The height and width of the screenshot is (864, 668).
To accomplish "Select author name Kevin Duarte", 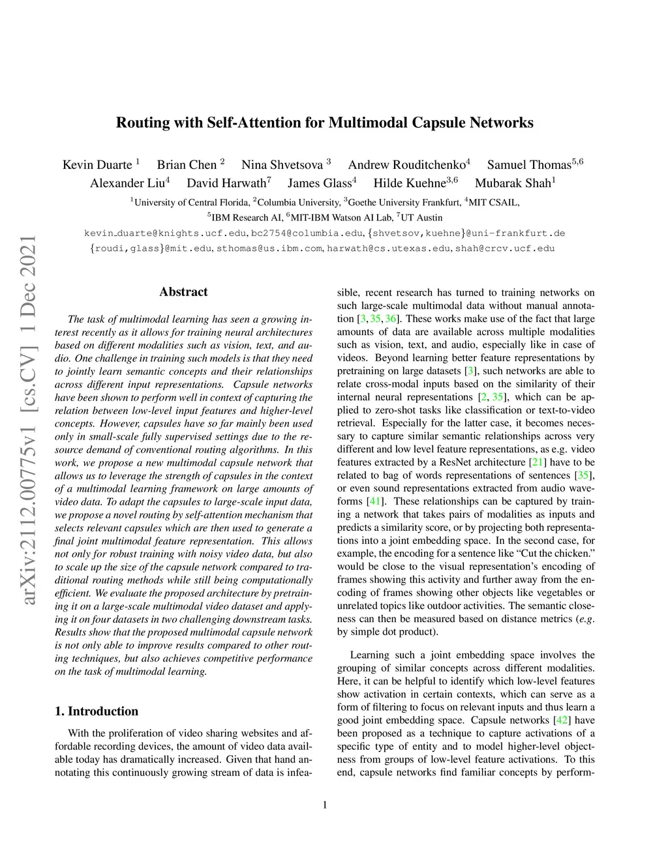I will [97, 165].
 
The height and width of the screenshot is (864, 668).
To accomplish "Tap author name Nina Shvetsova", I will [282, 165].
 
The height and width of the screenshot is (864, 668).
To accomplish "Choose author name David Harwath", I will [226, 183].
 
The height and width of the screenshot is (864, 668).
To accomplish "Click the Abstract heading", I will [183, 292].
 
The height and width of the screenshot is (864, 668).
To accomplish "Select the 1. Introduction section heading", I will [97, 711].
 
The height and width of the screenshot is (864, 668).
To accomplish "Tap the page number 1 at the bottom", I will [325, 805].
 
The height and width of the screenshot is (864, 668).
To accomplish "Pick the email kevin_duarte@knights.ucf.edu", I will [165, 233].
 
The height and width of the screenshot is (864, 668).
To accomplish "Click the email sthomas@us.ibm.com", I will [269, 248].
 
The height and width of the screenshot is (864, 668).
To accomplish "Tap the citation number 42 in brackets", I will [561, 720].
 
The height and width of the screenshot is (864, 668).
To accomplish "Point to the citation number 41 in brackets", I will [375, 501].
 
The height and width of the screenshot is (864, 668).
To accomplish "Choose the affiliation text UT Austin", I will [421, 218].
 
